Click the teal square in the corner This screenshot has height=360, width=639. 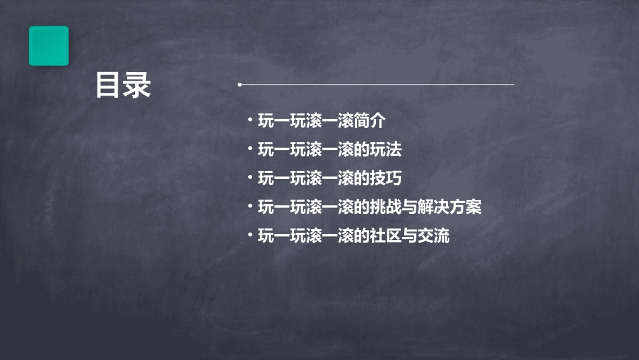pos(48,46)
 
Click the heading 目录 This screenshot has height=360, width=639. pos(122,85)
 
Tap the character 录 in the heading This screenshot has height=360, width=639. pos(137,85)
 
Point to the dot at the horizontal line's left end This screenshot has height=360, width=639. pos(239,85)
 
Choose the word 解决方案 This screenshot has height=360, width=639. pos(450,207)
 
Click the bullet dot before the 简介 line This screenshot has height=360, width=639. pos(250,120)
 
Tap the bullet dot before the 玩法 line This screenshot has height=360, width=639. pos(250,149)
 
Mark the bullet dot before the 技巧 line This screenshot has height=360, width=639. pos(250,178)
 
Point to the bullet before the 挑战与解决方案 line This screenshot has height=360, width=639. pos(250,207)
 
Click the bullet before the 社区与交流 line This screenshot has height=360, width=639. pos(250,235)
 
